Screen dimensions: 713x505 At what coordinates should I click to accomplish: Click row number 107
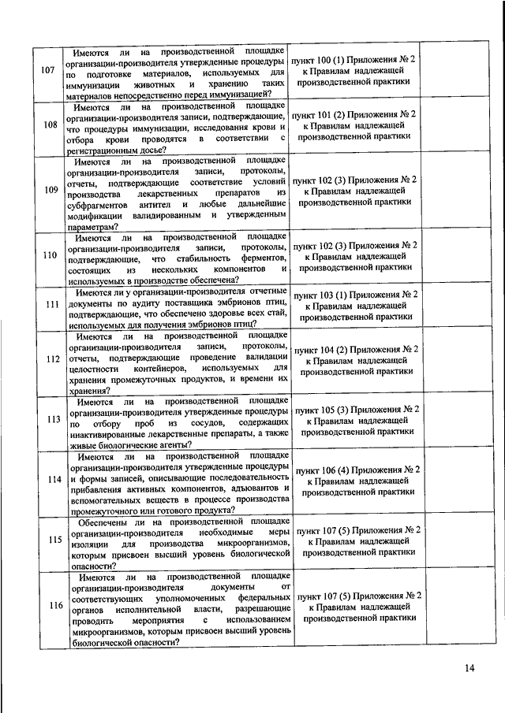coord(47,71)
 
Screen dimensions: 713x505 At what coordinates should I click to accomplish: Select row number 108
coord(49,124)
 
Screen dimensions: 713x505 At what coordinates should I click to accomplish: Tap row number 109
coord(49,190)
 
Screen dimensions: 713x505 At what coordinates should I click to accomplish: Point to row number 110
coord(49,255)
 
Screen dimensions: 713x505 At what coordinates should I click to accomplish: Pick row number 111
coord(50,305)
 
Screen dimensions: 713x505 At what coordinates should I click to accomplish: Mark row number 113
coord(50,419)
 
